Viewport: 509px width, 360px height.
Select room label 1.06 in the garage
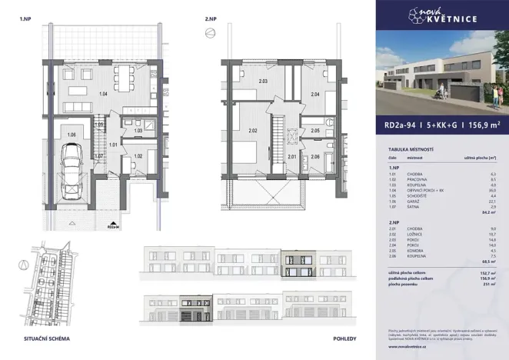pos(71,136)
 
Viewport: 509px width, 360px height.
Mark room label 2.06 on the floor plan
pos(315,157)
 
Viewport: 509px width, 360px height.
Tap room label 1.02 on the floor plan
pos(138,157)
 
